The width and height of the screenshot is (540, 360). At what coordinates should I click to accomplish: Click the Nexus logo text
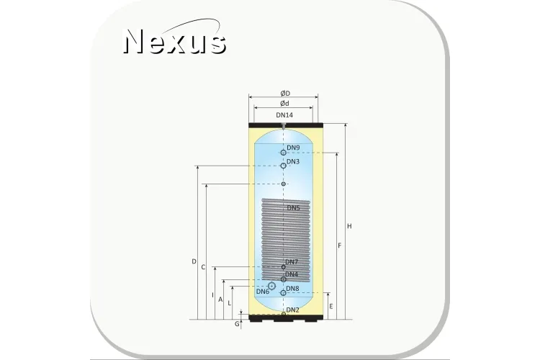point(175,41)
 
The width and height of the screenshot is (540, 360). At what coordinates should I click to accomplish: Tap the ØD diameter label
point(285,94)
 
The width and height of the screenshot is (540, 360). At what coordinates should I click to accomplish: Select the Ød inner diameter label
point(284,104)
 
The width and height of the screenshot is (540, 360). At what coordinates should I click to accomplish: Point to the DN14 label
point(284,115)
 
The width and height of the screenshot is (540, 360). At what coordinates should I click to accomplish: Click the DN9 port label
point(293,148)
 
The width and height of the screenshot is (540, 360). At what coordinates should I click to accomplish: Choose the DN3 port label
point(293,161)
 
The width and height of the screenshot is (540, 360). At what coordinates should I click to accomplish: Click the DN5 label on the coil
point(294,208)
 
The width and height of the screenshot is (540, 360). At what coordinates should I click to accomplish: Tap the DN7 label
point(292,262)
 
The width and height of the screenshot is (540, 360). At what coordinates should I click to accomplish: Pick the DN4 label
point(292,274)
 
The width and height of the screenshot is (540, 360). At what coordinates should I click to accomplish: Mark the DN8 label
point(293,288)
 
